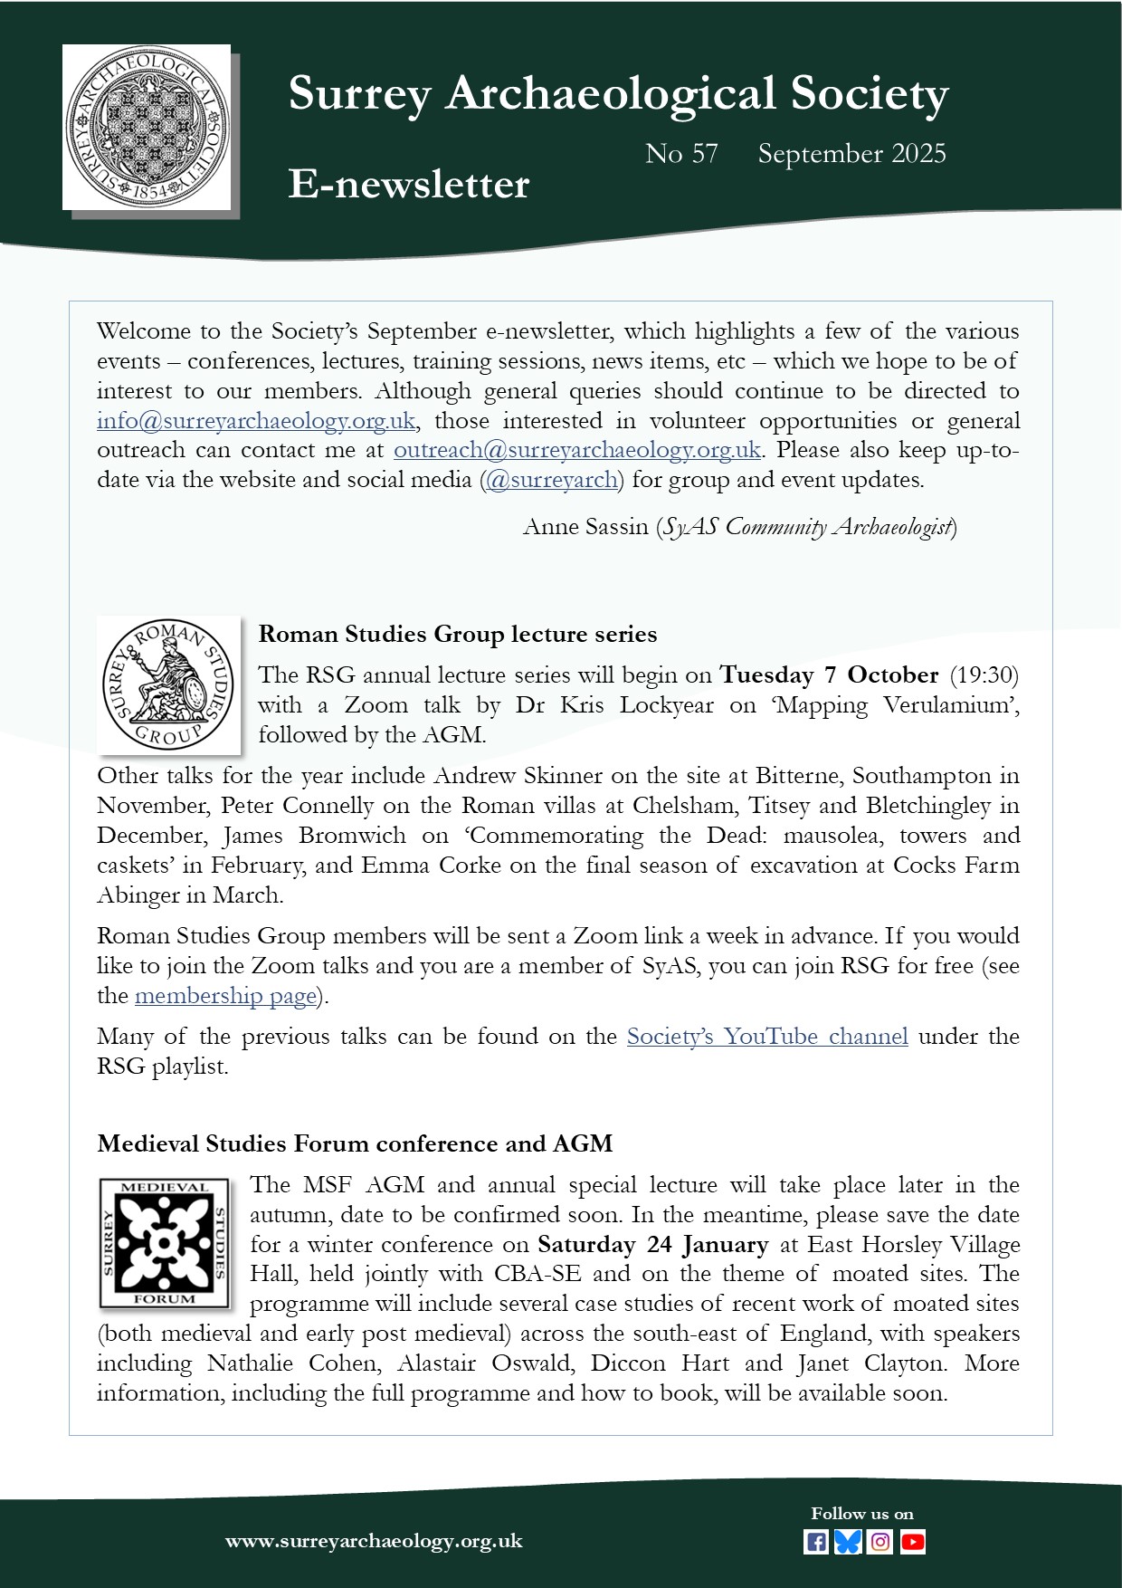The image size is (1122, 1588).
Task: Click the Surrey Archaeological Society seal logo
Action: coord(147,127)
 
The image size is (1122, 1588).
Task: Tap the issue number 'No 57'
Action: coord(681,154)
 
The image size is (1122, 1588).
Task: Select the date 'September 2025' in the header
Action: coord(851,154)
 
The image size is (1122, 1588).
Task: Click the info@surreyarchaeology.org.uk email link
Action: coord(256,421)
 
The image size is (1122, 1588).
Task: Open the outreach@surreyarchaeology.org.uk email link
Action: coord(576,450)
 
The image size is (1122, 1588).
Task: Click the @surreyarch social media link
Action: coord(552,480)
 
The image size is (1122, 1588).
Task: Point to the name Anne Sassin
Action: coord(585,527)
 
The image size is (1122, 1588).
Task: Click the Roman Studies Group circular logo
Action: coord(168,685)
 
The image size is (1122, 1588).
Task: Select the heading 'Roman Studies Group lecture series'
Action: coord(458,634)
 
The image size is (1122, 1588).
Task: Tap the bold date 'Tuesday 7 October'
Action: coord(829,675)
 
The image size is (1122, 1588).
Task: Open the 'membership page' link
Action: coord(225,996)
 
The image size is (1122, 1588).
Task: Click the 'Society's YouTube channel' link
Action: coord(767,1037)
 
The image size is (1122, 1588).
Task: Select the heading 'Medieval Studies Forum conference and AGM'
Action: coord(355,1143)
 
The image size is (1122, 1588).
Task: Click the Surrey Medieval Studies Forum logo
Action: coord(164,1242)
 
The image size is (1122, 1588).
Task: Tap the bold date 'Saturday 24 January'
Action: coord(652,1245)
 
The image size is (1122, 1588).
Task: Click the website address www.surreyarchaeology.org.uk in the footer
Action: coord(374,1541)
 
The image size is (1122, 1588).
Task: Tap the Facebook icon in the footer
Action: coord(815,1542)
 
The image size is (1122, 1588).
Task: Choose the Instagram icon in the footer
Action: coord(880,1542)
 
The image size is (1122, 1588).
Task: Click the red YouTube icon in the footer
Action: coord(913,1542)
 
